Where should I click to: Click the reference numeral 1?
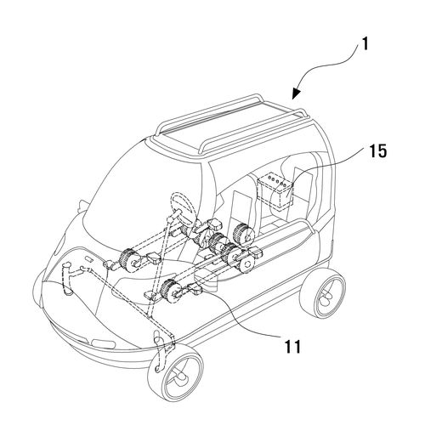click(365, 44)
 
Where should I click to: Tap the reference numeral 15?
click(377, 151)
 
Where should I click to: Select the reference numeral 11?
click(292, 346)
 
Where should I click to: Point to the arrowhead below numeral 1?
click(297, 93)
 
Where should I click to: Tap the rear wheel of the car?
click(323, 293)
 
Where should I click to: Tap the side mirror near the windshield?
click(82, 207)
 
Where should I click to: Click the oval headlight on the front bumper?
click(104, 343)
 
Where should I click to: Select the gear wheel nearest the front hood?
click(129, 260)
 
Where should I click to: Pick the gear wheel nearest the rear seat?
click(243, 234)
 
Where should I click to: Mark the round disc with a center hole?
click(246, 263)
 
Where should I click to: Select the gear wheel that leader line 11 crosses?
click(171, 292)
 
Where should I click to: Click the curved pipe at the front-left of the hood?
click(67, 279)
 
